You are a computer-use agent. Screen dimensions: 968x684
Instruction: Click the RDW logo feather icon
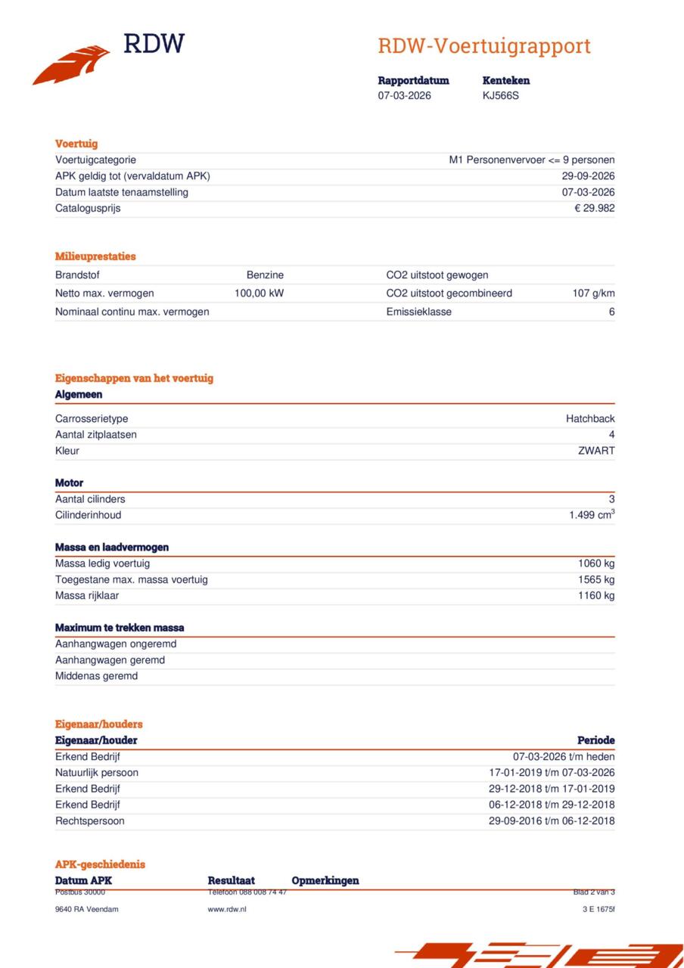[x=71, y=64]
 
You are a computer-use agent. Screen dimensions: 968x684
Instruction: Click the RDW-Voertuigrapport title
[x=483, y=46]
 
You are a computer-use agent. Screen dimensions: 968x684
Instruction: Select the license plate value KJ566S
[x=501, y=96]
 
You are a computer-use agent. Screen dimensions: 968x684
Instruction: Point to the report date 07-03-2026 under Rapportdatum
[x=405, y=96]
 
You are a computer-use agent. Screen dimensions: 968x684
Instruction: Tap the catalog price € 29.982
[x=594, y=208]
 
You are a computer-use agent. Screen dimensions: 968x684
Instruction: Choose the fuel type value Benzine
[x=265, y=275]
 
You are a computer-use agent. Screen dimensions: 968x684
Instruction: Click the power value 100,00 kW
[x=259, y=293]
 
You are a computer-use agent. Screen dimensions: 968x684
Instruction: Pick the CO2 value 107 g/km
[x=593, y=293]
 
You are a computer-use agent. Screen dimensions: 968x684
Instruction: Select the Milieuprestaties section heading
[x=95, y=256]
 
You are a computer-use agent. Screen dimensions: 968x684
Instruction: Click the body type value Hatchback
[x=590, y=419]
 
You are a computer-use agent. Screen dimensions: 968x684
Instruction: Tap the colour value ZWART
[x=596, y=451]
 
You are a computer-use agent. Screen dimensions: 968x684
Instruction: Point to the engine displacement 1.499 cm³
[x=592, y=515]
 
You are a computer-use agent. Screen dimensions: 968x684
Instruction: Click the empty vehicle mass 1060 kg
[x=596, y=563]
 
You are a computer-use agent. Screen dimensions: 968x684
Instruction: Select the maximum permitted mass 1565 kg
[x=596, y=579]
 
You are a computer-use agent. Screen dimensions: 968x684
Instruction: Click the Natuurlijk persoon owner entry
[x=97, y=773]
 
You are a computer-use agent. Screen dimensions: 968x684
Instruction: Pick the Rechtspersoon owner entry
[x=90, y=821]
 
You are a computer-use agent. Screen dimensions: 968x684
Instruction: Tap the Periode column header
[x=595, y=740]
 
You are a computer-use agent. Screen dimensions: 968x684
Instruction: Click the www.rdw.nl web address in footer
[x=227, y=909]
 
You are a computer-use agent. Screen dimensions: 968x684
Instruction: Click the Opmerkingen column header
[x=325, y=880]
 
